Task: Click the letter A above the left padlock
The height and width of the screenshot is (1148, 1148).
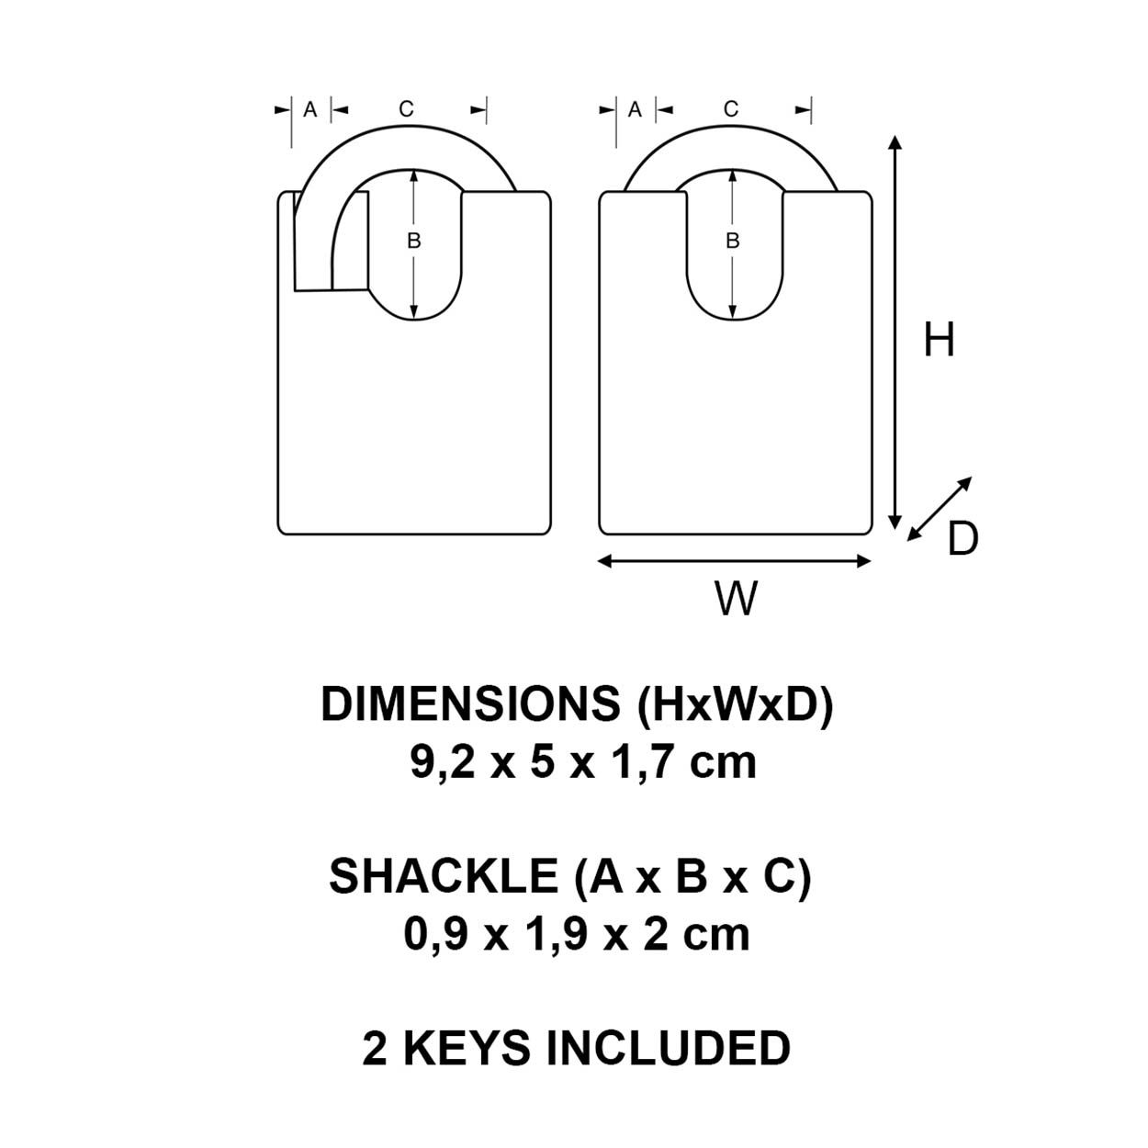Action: (310, 109)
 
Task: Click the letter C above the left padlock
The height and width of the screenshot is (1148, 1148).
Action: (406, 108)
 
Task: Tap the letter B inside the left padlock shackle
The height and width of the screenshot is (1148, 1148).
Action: (413, 241)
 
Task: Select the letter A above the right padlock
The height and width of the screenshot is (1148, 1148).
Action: (635, 109)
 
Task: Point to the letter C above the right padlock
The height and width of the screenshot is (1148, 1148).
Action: (731, 108)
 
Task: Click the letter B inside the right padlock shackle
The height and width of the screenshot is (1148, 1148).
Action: (732, 241)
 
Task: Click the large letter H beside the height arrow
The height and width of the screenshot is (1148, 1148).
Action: (939, 340)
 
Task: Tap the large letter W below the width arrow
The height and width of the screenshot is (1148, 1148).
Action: (736, 599)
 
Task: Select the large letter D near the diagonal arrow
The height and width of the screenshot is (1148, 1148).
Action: (962, 539)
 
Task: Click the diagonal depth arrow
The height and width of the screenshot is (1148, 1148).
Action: (940, 509)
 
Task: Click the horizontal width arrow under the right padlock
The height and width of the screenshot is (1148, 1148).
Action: (734, 561)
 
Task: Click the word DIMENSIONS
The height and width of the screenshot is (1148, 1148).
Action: (470, 704)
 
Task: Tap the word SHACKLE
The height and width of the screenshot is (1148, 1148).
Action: (444, 876)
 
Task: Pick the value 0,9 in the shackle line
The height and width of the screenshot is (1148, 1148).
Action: (436, 934)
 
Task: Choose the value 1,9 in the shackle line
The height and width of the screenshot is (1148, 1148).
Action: (557, 934)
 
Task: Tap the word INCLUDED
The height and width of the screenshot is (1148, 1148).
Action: (669, 1048)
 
